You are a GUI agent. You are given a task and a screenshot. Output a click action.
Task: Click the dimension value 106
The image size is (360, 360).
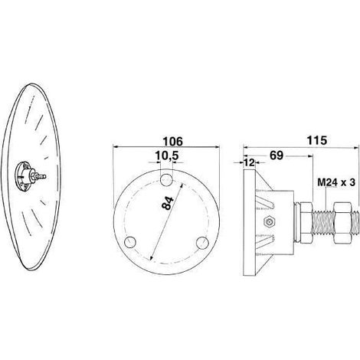click(173, 141)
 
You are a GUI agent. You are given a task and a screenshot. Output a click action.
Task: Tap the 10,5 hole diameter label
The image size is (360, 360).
click(167, 155)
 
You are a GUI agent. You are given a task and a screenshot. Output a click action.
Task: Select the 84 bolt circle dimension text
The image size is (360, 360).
click(169, 203)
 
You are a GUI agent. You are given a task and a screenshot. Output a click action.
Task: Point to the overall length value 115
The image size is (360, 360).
click(316, 140)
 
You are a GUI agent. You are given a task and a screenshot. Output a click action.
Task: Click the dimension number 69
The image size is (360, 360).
click(277, 155)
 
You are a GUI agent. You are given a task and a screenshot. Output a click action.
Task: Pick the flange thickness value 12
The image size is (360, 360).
click(250, 162)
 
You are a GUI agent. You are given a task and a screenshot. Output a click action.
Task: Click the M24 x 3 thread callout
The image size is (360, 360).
click(336, 182)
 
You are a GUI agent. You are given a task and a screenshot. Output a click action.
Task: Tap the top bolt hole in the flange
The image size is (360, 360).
click(166, 180)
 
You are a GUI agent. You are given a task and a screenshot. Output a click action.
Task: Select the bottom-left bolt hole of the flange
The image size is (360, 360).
click(130, 242)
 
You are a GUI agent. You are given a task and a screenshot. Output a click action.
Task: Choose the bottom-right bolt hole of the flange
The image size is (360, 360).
click(203, 243)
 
